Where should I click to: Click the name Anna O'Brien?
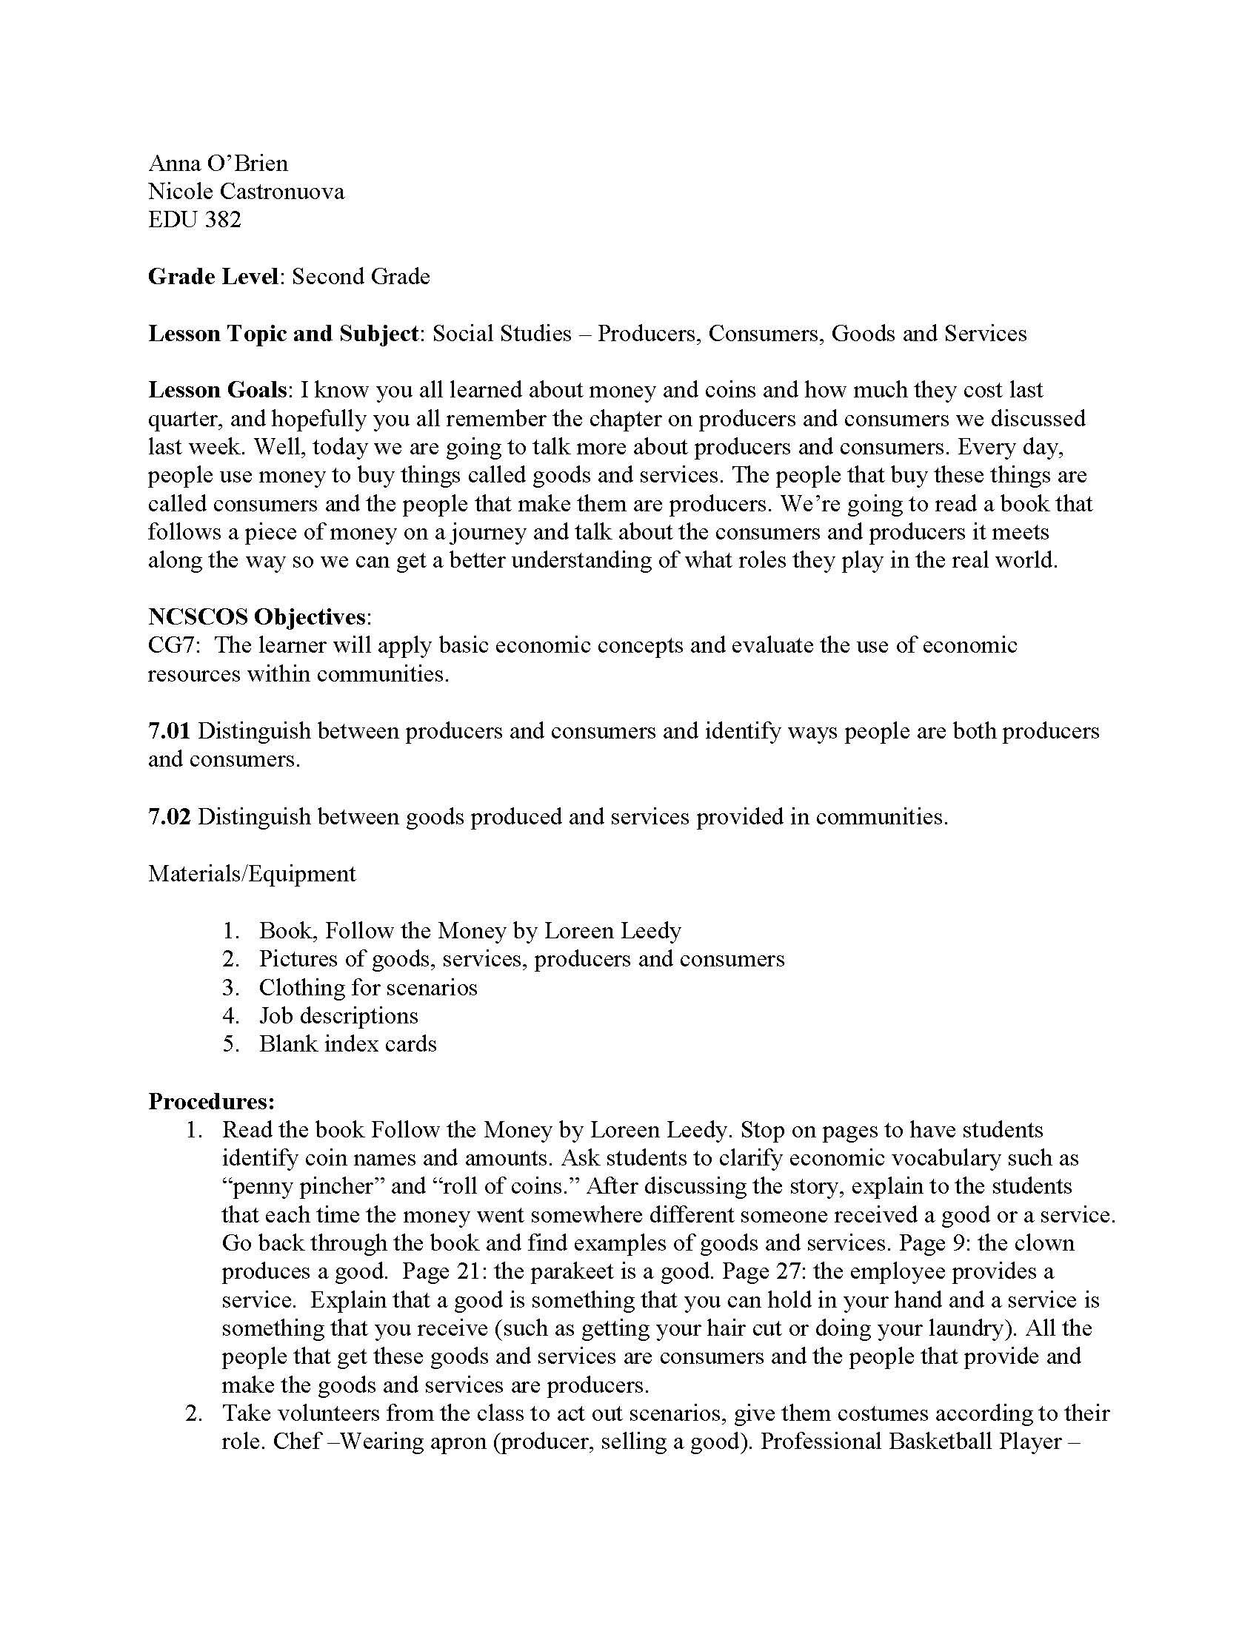click(218, 164)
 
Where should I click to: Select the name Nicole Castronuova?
click(246, 192)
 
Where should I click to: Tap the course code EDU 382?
click(195, 220)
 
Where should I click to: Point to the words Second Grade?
click(361, 277)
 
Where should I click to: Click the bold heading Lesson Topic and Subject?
click(283, 333)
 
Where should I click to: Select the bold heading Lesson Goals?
click(217, 390)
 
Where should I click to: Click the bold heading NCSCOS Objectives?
click(256, 616)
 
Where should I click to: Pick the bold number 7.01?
click(170, 730)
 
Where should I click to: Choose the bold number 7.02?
click(170, 816)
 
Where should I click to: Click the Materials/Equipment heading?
click(252, 873)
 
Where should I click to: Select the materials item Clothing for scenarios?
click(368, 988)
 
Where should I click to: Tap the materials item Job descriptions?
click(338, 1016)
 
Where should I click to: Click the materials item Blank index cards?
click(347, 1044)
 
